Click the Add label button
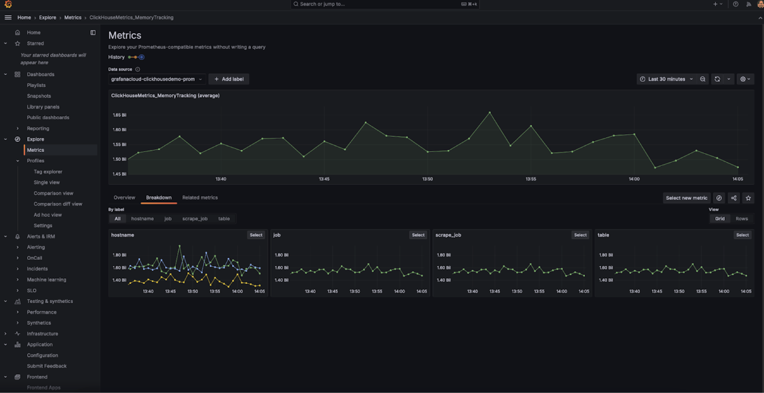[229, 79]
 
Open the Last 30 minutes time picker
[666, 79]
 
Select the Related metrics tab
[200, 197]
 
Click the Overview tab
[124, 197]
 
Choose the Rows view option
[742, 218]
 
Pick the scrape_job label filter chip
[195, 218]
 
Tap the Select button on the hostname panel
[256, 235]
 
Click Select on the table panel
[743, 235]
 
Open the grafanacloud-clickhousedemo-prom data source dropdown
[156, 79]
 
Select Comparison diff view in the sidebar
[58, 204]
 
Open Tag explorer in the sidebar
[48, 172]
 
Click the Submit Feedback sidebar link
[47, 366]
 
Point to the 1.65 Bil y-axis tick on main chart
[119, 115]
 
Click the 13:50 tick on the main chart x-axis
[427, 179]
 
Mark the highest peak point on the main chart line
[489, 112]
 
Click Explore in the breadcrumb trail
[47, 18]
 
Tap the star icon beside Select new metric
[748, 198]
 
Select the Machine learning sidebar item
[46, 280]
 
